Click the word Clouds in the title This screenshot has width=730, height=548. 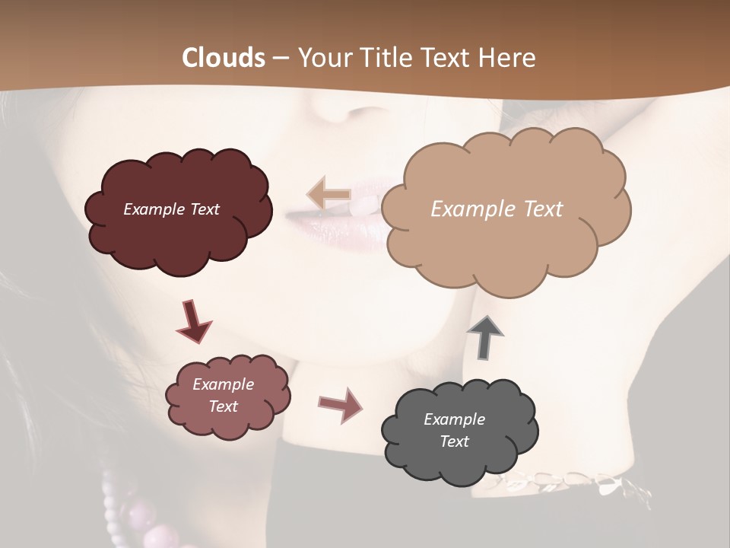[x=224, y=58]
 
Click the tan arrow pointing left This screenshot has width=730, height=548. [x=328, y=193]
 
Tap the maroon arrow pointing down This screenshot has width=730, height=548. [x=192, y=321]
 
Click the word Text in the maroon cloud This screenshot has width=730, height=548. [x=204, y=209]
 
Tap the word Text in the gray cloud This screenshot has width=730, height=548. [x=455, y=441]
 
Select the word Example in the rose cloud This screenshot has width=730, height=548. [x=223, y=384]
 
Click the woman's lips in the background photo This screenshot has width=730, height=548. [x=327, y=221]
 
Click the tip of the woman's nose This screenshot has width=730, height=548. [x=335, y=114]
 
